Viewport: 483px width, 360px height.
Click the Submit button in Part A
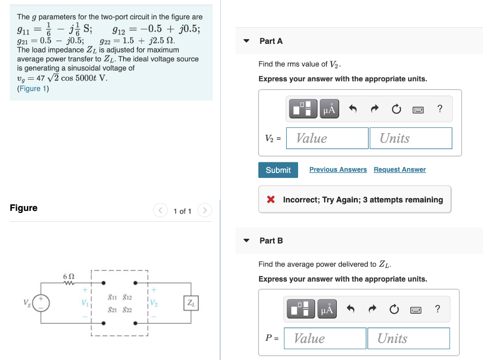(x=278, y=170)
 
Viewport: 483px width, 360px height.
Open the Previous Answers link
(x=338, y=169)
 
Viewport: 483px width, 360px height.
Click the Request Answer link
(x=400, y=169)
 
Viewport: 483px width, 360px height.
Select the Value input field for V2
(x=327, y=138)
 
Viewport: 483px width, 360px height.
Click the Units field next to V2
(x=410, y=138)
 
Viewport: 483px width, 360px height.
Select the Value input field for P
(x=325, y=338)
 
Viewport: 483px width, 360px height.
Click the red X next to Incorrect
(x=271, y=200)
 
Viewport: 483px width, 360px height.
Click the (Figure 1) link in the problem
(x=33, y=88)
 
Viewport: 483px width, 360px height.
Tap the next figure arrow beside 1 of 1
(x=204, y=210)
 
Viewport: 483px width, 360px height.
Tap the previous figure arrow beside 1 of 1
(x=161, y=210)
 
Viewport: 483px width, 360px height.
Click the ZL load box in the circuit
(x=191, y=303)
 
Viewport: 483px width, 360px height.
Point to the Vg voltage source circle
(x=41, y=303)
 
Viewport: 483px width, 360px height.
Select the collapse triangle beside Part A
(x=246, y=41)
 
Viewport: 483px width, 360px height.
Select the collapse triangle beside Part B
(x=246, y=241)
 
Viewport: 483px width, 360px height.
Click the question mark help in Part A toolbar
(x=440, y=109)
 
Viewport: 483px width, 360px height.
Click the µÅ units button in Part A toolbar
(x=330, y=109)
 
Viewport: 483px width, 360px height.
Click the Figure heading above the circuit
(x=24, y=208)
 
